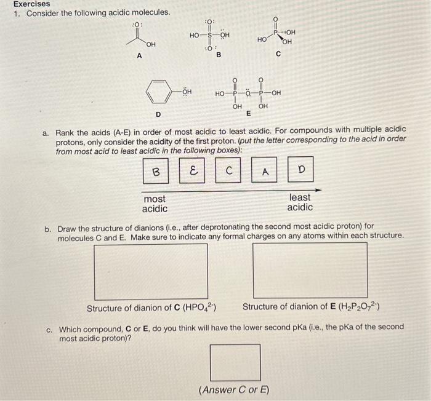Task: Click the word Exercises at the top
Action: tap(32, 4)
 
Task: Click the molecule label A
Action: tap(139, 55)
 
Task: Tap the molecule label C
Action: tap(278, 55)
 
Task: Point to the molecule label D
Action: tap(158, 114)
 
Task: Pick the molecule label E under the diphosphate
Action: tap(249, 114)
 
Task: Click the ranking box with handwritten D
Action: tap(301, 170)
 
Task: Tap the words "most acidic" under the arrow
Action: tap(155, 204)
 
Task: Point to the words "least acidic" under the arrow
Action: tap(300, 202)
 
